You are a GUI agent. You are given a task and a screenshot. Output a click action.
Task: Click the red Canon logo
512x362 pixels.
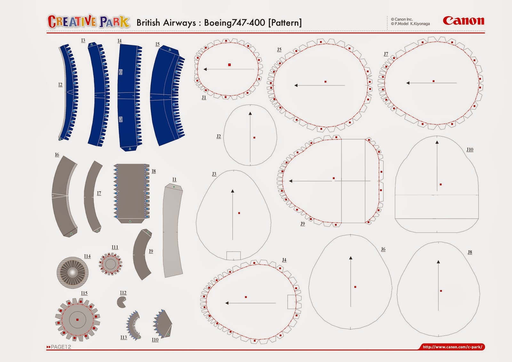(463, 21)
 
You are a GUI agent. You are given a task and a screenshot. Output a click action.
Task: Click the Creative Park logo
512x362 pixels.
(89, 22)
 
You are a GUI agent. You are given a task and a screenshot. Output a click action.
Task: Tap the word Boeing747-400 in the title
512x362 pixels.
(235, 23)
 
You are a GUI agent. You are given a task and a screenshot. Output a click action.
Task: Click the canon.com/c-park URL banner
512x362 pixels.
(452, 347)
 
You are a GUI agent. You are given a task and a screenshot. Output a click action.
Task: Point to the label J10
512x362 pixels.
(469, 149)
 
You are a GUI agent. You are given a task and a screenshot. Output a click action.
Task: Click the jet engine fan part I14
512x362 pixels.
(72, 272)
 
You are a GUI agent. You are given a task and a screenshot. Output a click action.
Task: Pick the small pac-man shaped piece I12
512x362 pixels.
(121, 302)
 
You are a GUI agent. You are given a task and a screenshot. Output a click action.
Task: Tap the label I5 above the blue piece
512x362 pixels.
(157, 44)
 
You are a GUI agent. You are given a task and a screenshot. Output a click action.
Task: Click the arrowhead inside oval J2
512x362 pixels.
(250, 113)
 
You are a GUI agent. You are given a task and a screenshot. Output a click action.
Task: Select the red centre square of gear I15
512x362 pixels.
(77, 319)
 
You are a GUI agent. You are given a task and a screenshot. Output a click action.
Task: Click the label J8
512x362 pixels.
(470, 252)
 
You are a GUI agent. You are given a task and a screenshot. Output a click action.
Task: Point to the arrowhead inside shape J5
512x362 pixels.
(296, 85)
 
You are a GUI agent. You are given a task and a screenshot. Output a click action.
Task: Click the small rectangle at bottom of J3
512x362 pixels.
(233, 255)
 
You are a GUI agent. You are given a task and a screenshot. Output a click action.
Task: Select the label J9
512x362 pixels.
(302, 223)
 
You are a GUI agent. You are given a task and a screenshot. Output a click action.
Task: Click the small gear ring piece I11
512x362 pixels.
(110, 264)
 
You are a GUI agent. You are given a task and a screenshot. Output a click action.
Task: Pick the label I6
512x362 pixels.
(57, 155)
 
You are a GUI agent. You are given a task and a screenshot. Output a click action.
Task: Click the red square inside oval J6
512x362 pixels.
(355, 287)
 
